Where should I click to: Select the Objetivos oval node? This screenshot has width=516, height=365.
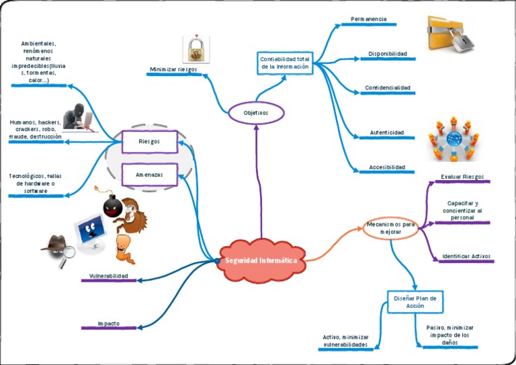(256, 113)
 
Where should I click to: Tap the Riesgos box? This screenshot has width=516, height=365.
(149, 141)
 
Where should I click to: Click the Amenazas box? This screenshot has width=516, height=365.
(149, 174)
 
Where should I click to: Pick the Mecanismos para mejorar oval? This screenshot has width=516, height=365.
(390, 227)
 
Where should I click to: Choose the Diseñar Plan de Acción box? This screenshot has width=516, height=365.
(415, 301)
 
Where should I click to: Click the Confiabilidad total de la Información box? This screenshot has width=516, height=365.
(284, 63)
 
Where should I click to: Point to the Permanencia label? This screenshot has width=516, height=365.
(368, 19)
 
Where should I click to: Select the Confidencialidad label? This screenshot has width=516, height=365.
(387, 88)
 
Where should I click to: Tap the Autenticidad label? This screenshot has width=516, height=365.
(386, 132)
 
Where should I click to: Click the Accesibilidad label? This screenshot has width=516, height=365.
(386, 167)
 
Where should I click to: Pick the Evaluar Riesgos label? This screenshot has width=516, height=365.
(462, 177)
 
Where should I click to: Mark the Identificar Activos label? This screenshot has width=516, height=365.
(466, 256)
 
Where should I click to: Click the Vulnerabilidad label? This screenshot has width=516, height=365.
(108, 276)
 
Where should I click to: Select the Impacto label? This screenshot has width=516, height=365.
(108, 323)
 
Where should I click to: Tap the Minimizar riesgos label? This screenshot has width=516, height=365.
(173, 69)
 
